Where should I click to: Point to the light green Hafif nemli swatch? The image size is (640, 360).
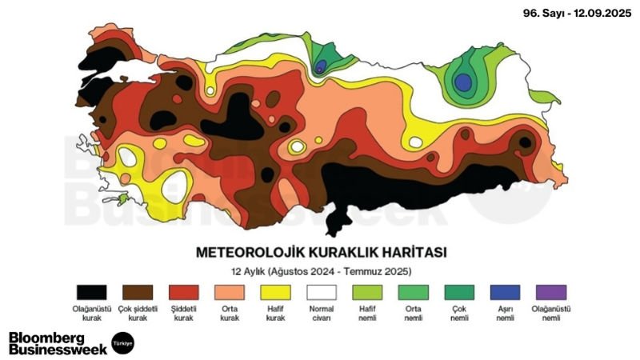369,292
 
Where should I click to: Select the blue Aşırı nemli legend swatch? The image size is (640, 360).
505,292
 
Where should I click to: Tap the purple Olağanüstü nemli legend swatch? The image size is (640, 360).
551,292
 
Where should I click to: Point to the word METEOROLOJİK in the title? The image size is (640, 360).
243,252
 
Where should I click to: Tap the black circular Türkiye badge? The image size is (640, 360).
122,342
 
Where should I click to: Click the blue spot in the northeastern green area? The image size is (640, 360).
462,82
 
